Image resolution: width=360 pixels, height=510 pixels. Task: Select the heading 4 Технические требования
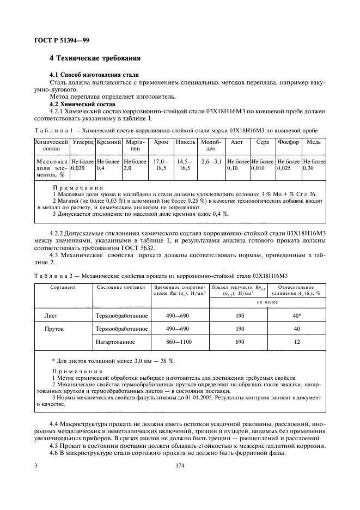95,58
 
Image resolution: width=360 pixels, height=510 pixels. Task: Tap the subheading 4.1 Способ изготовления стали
94,75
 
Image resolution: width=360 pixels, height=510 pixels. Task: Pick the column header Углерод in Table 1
83,142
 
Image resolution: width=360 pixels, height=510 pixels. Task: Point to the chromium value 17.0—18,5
161,165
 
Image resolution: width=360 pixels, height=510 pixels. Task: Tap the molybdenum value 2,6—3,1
211,162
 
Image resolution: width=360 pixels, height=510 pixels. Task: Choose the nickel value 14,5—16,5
185,165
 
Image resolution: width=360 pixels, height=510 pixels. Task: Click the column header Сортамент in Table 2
63,286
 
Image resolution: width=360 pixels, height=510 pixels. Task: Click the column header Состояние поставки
121,286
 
